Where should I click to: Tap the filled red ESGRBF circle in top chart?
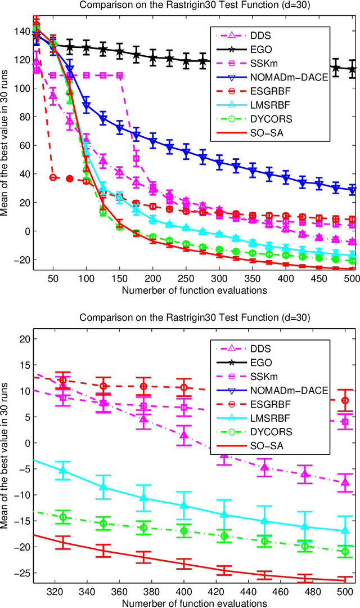[x=70, y=178]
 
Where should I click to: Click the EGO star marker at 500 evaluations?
[x=353, y=70]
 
